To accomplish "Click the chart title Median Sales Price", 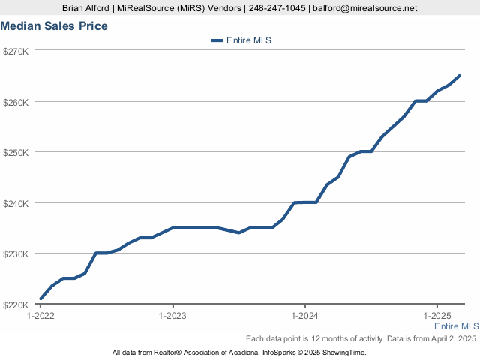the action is click(54, 26).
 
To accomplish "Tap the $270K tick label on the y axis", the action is click(16, 52).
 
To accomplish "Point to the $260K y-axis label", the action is click(16, 102).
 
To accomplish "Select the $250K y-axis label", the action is click(16, 153).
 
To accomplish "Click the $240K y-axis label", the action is click(16, 203).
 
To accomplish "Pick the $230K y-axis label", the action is click(16, 254).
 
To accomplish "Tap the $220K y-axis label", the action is click(16, 305).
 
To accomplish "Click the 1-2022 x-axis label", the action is click(40, 316).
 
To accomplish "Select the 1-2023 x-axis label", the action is click(172, 316).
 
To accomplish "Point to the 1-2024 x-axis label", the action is click(305, 316).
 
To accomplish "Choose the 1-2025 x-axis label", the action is click(437, 316).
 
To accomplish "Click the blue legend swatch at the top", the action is click(217, 40).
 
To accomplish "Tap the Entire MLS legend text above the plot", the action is click(249, 40).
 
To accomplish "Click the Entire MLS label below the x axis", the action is click(457, 326).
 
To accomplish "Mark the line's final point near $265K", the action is click(459, 76).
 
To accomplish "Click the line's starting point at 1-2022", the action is click(41, 298).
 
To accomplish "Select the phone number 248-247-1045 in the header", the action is click(277, 8).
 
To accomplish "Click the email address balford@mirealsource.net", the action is click(365, 8).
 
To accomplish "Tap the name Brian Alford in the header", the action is click(85, 8).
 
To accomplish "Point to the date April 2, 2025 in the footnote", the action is click(454, 338).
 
